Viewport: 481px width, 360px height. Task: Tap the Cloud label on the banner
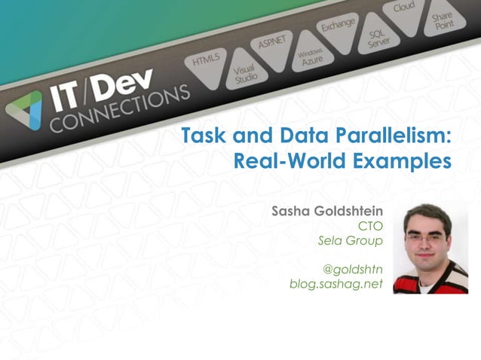click(x=404, y=8)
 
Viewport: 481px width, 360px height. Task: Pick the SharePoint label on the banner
click(x=443, y=21)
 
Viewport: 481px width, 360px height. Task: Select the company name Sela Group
click(x=351, y=240)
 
